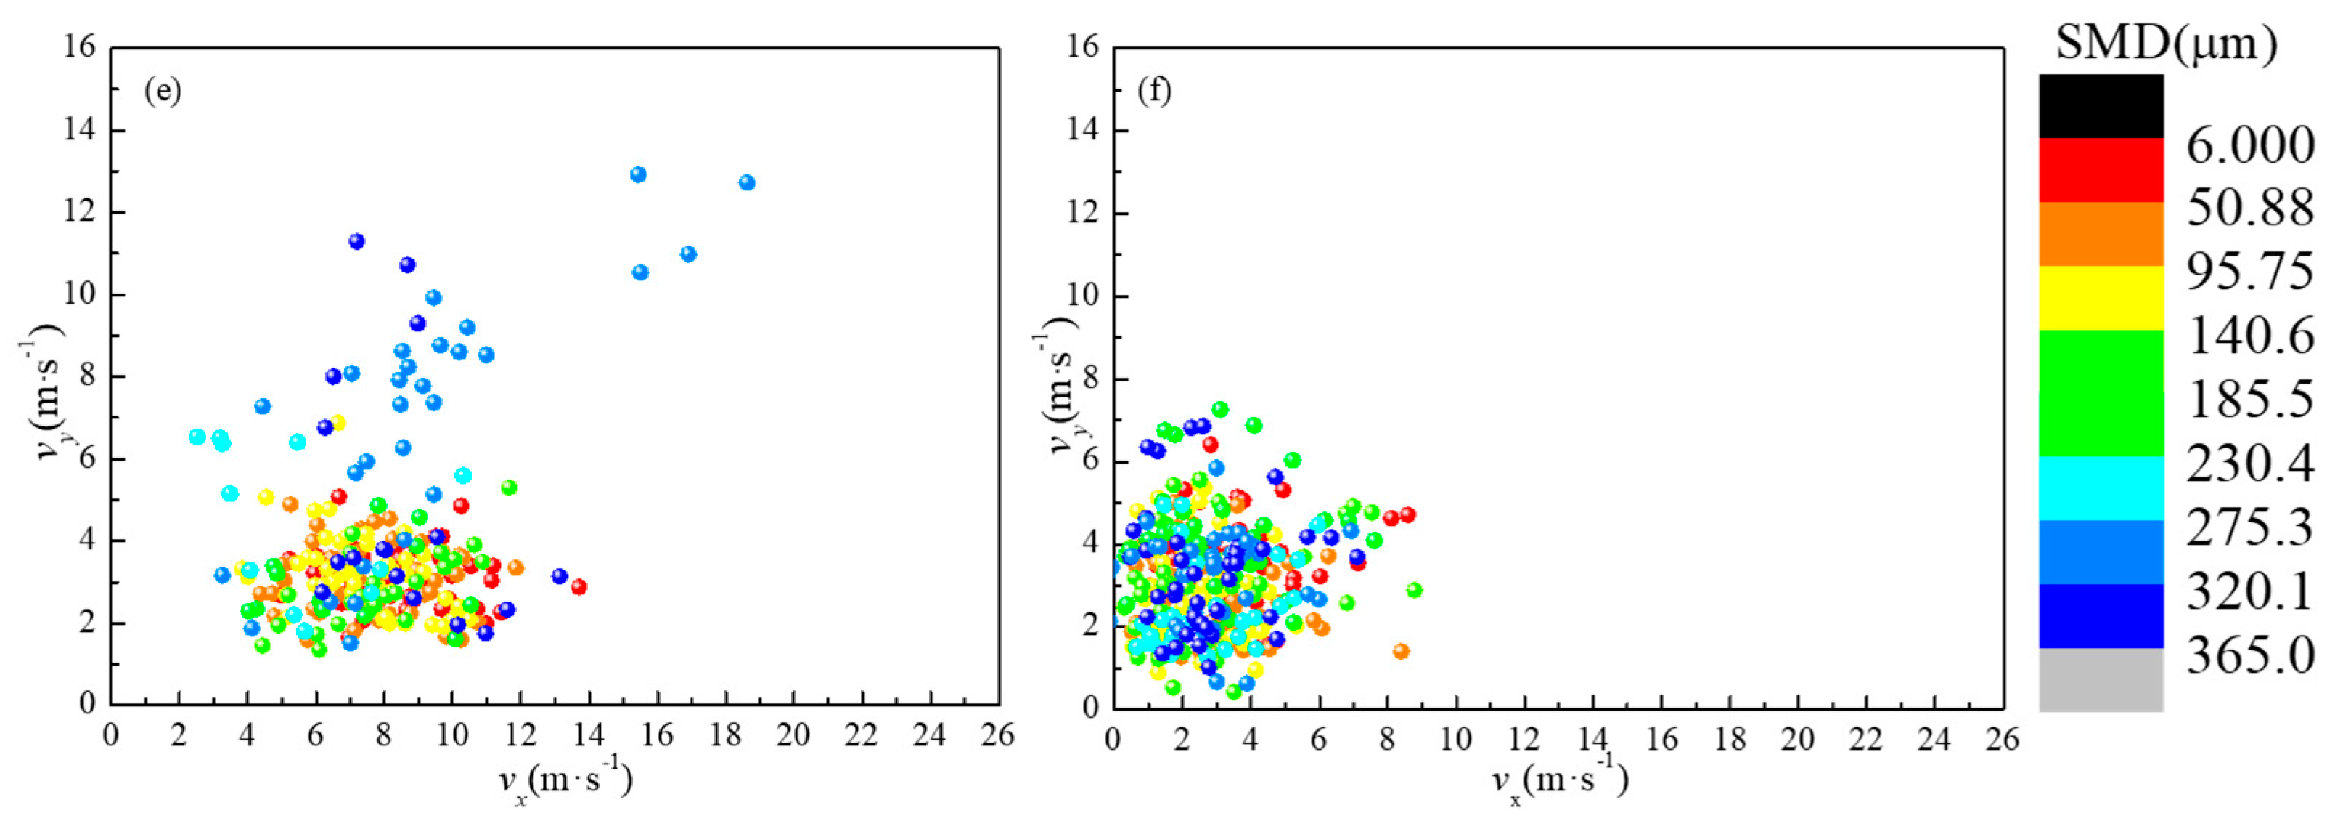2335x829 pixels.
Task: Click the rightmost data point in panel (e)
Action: click(747, 182)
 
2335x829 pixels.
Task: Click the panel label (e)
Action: click(163, 92)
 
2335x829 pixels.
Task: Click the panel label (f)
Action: click(1154, 92)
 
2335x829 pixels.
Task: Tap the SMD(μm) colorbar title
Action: click(2165, 43)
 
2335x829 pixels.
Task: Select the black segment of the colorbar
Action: click(2101, 106)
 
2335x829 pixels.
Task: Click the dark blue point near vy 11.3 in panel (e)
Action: click(356, 241)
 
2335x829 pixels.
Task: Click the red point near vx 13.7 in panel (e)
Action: click(578, 587)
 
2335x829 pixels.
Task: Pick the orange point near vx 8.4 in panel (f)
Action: click(1400, 651)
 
